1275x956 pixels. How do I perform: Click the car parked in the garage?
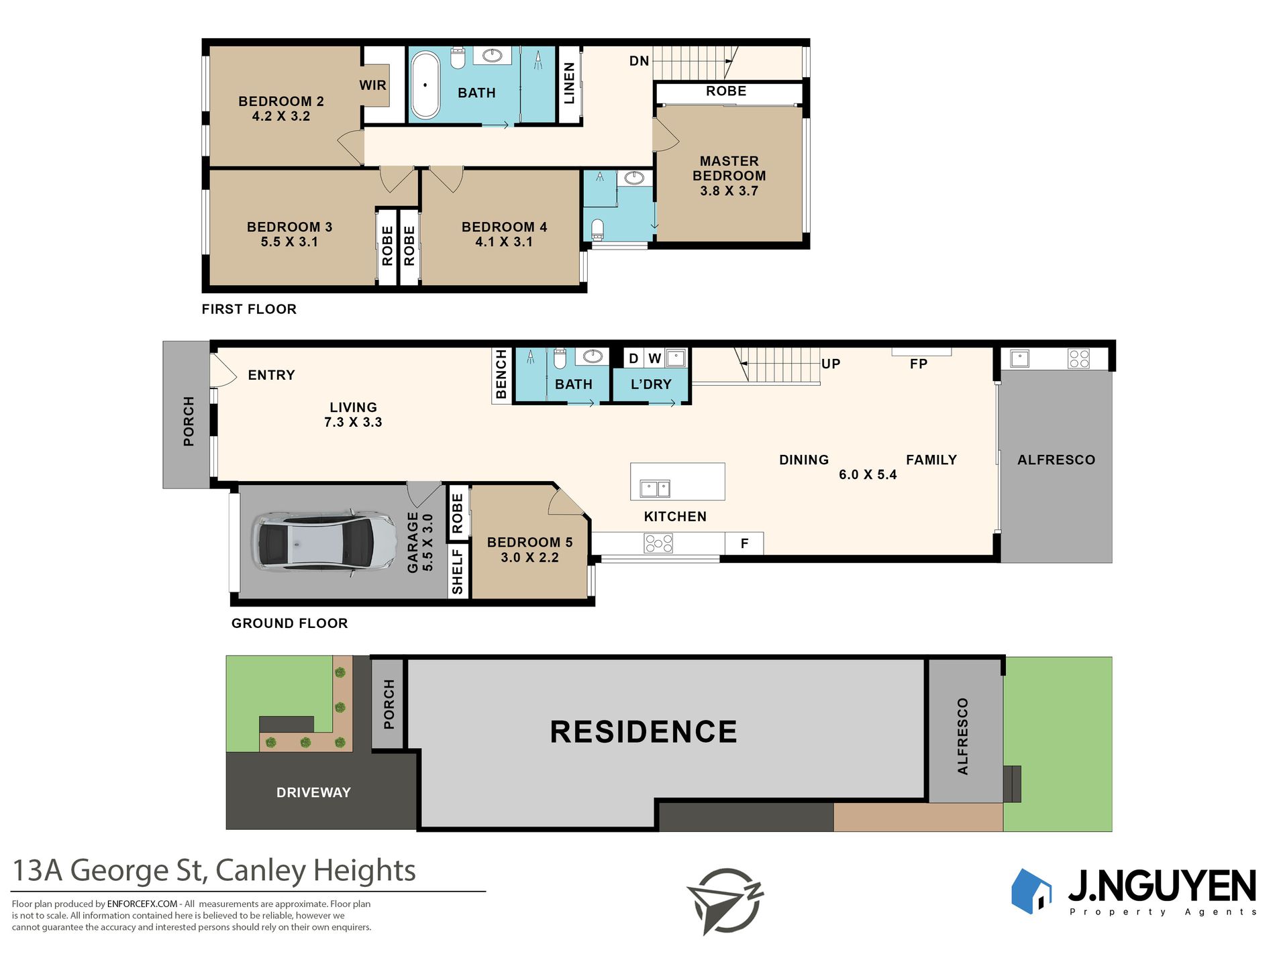click(x=324, y=542)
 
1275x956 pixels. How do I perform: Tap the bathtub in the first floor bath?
click(x=425, y=85)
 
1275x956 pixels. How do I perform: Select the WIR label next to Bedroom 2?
click(x=372, y=85)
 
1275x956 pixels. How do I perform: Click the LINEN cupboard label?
click(x=569, y=83)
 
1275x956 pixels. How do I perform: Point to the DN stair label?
click(x=639, y=61)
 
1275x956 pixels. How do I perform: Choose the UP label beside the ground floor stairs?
click(x=831, y=364)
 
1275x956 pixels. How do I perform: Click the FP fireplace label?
click(x=919, y=364)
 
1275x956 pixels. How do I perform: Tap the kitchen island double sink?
click(x=655, y=488)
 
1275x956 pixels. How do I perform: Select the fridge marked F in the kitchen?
click(x=744, y=543)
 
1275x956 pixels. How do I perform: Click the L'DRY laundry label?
click(x=651, y=384)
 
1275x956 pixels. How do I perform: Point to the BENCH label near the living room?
click(x=501, y=374)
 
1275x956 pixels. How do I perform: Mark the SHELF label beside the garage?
click(x=458, y=572)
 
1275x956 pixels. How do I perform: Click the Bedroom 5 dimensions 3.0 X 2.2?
click(x=529, y=557)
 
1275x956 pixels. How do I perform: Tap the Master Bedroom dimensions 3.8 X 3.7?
click(x=729, y=191)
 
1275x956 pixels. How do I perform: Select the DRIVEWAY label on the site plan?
click(x=313, y=792)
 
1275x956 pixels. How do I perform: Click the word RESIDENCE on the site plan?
click(x=644, y=731)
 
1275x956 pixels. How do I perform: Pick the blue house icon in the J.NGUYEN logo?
click(x=1031, y=891)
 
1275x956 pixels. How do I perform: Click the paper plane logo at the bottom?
click(x=725, y=900)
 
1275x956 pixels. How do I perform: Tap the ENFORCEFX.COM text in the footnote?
click(x=142, y=904)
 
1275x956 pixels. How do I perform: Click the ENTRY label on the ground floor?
click(x=271, y=375)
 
